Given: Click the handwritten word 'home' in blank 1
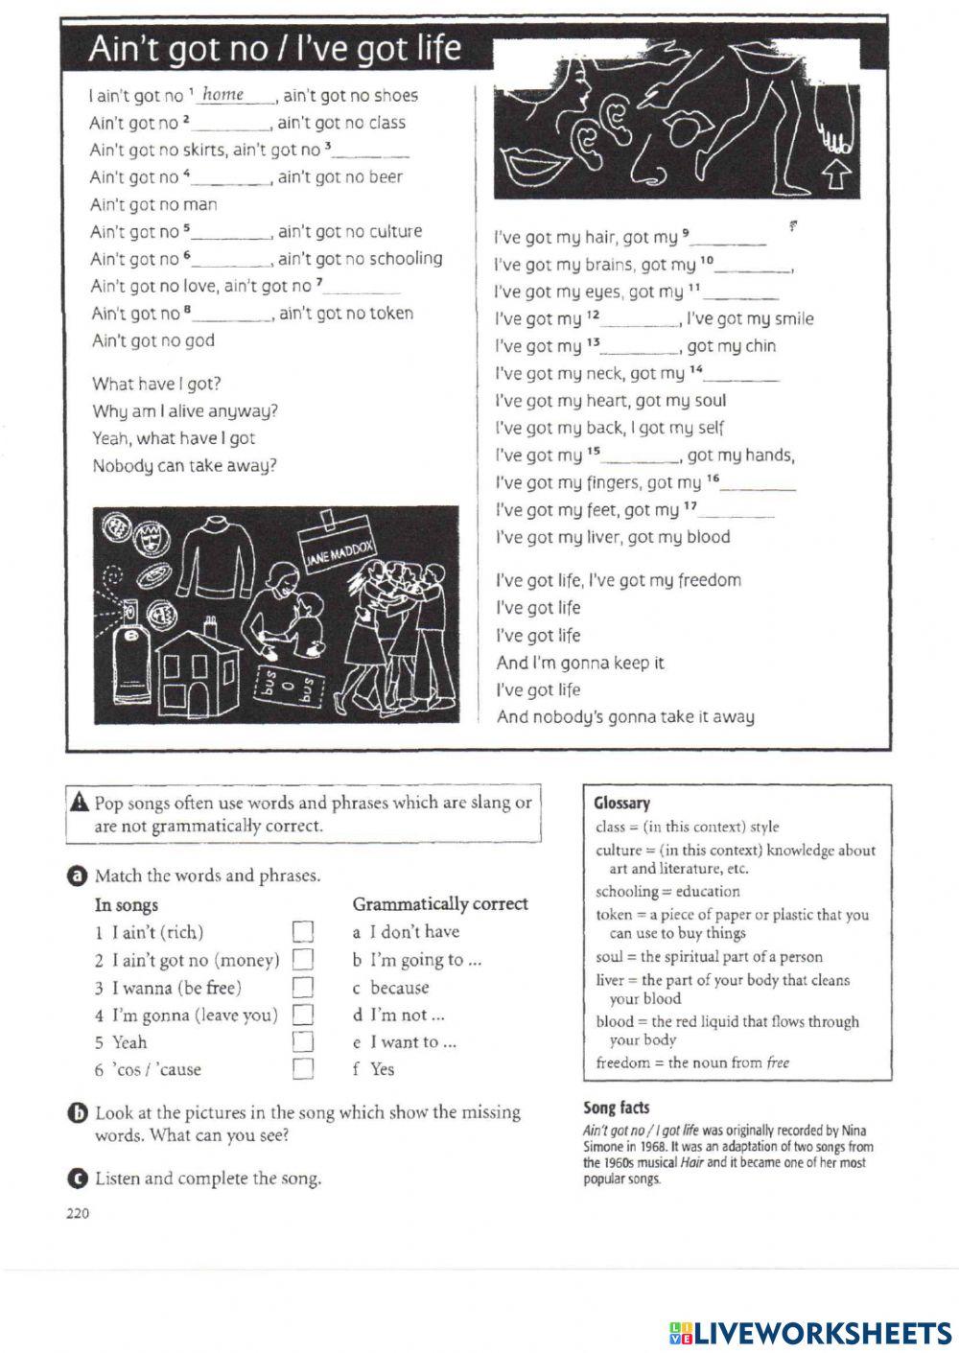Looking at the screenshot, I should click(223, 94).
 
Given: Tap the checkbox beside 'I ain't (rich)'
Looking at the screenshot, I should click(303, 932).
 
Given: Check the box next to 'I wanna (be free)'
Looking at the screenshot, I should click(303, 988).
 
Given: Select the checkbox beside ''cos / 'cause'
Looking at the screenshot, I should click(303, 1069).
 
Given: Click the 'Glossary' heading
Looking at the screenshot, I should click(621, 804).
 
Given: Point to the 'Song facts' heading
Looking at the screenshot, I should click(616, 1108).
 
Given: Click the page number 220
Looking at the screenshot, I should click(78, 1214).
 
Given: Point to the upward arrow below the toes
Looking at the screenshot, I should click(835, 175).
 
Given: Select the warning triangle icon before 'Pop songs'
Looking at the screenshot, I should click(81, 804).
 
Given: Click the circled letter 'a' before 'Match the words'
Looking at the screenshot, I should click(76, 875).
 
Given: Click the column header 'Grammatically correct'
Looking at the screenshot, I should click(440, 904).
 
